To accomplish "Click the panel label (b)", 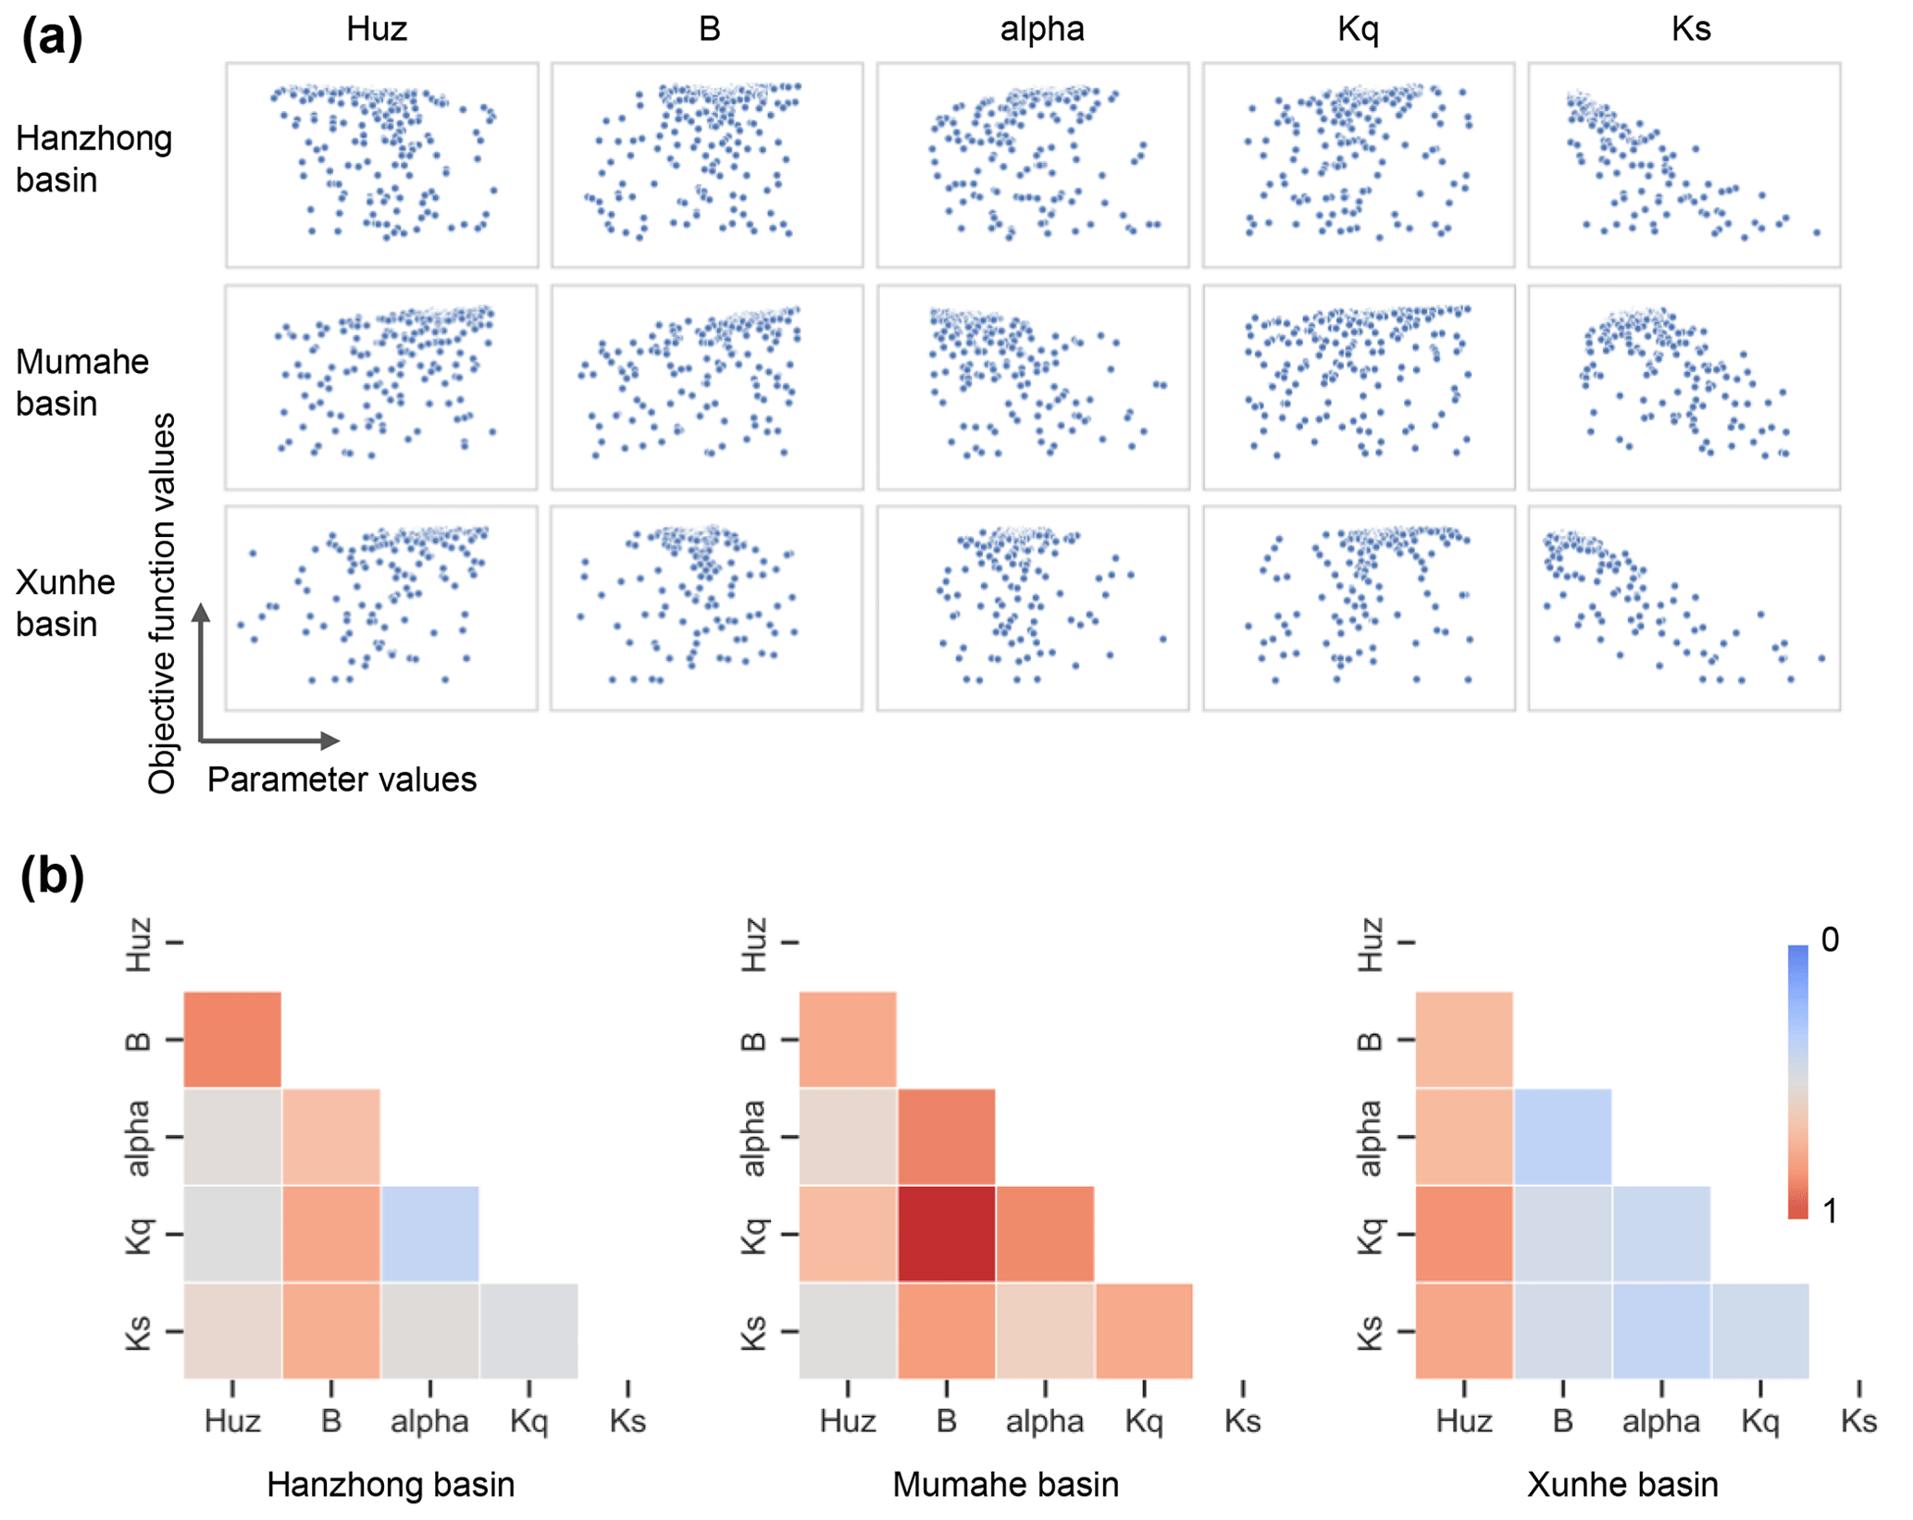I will pos(52,875).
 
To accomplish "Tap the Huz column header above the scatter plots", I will pos(377,29).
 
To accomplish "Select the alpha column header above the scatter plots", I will pos(1041,29).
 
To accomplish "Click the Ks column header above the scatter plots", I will pos(1691,29).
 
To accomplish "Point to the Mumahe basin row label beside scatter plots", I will pos(81,382).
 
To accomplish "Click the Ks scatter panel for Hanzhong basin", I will pos(1683,165).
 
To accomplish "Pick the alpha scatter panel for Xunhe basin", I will pos(1033,608).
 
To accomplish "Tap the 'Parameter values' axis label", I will pos(342,779).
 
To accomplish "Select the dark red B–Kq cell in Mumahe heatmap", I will pos(946,1234).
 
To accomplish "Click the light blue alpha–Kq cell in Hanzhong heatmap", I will pos(429,1234).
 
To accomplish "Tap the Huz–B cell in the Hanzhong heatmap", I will pos(232,1039).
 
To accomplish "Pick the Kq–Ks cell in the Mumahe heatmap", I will pos(1144,1331).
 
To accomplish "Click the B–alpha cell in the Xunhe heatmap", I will pos(1562,1137).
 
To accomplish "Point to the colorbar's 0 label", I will pos(1830,941).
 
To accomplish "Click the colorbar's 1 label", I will pos(1830,1211).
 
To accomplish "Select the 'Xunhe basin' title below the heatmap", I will pos(1621,1485).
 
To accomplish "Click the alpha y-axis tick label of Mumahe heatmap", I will pos(754,1137).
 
